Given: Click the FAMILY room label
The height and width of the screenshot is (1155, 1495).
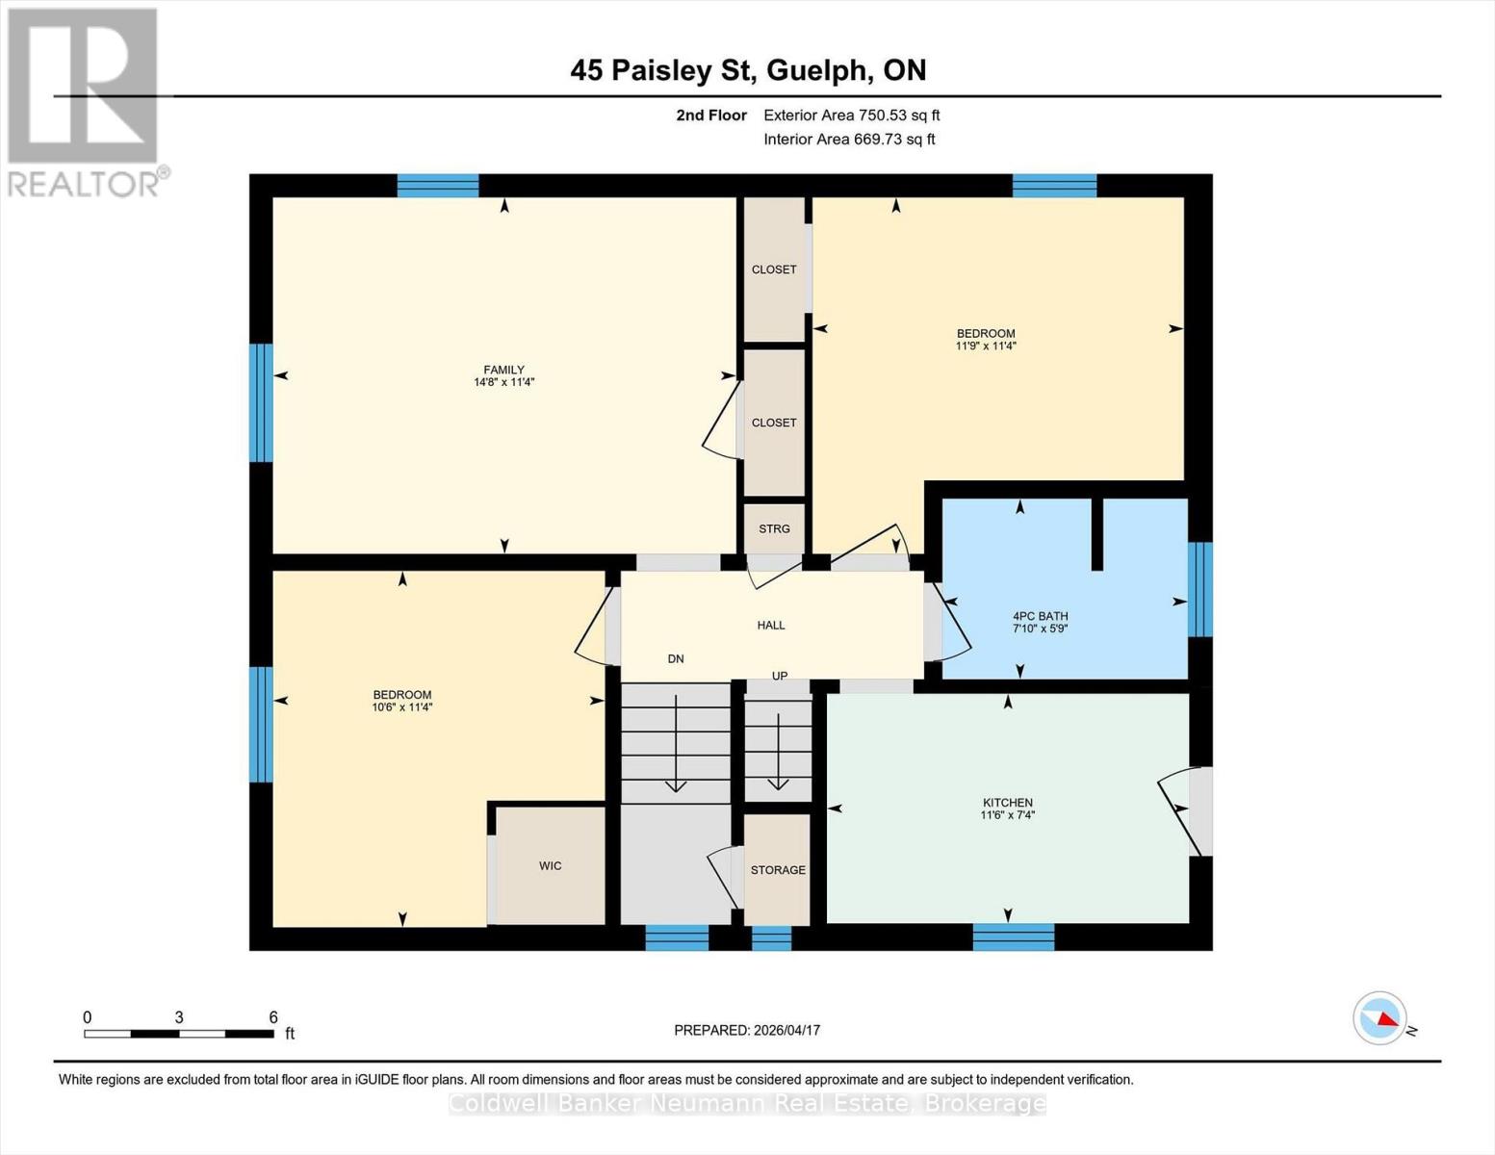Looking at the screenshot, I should point(503,370).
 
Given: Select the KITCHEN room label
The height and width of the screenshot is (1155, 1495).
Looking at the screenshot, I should point(1007,803).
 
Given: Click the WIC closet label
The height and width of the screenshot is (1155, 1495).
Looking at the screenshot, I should point(550,866).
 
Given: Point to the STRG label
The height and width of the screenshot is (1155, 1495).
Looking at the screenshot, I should point(774,528).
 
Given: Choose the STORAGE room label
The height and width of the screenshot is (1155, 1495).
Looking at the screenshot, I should point(778,870).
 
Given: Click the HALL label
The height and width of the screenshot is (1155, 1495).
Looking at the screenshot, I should point(770,625).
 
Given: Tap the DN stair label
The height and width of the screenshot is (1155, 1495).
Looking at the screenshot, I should point(676,659).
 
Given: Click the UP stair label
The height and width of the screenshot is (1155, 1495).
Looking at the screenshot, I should point(780,676).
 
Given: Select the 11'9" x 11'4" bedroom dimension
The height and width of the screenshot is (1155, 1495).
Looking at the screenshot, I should point(986,346).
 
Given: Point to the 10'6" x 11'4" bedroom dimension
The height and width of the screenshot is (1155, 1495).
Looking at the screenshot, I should point(402,707).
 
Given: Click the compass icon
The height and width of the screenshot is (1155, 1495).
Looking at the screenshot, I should point(1379,1018).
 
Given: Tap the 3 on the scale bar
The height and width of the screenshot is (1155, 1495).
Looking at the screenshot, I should point(179,1017).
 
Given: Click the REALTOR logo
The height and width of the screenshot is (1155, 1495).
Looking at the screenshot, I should point(85,101).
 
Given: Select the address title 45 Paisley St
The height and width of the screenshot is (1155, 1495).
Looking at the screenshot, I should point(748,70).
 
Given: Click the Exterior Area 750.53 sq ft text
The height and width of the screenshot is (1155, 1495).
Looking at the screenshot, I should point(851,115).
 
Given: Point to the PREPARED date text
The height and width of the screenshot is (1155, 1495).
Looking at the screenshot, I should point(747,1030).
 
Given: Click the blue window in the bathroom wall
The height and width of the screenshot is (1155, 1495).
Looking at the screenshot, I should point(1199,589).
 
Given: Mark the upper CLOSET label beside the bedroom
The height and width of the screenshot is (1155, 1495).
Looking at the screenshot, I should point(774,269).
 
